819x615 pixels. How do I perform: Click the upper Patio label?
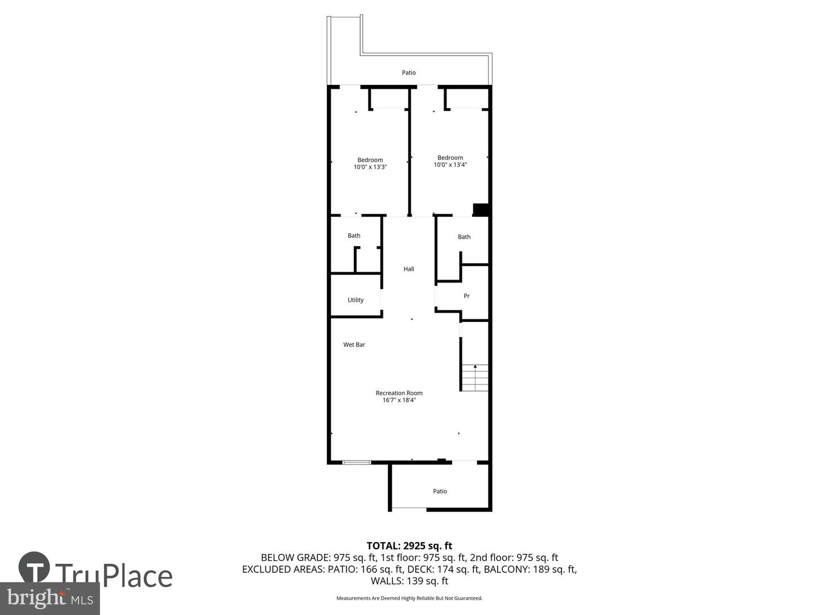[x=408, y=72]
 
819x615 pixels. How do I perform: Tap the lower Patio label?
[x=440, y=491]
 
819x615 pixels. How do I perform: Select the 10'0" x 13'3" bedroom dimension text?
[x=370, y=167]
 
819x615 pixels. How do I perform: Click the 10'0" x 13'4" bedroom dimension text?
[x=450, y=165]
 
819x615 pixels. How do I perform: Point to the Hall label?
[x=408, y=269]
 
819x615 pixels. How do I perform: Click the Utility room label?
[x=355, y=300]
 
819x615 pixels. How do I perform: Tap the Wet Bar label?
[x=354, y=345]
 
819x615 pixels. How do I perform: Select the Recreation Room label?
[x=399, y=393]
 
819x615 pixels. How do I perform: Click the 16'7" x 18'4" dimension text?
[x=399, y=400]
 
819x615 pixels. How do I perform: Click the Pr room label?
[x=466, y=296]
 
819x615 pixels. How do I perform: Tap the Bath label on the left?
[x=354, y=236]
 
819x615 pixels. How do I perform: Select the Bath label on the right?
[x=464, y=237]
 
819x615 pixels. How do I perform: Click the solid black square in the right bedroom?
[x=481, y=210]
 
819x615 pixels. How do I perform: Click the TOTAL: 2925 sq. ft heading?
[x=409, y=546]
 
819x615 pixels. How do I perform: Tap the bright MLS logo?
[x=49, y=598]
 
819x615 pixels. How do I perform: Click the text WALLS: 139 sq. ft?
[x=409, y=581]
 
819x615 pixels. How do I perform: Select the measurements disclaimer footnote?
[x=409, y=598]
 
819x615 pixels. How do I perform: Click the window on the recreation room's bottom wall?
[x=357, y=462]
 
